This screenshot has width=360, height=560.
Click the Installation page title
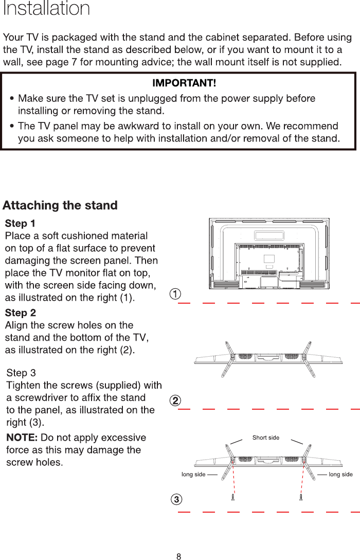[x=46, y=9]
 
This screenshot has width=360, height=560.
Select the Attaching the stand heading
[x=60, y=206]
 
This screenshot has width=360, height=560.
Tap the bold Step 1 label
[x=20, y=224]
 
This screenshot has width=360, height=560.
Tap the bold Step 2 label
[x=20, y=313]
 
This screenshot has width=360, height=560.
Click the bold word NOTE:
[x=22, y=438]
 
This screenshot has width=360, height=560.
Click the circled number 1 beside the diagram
[x=176, y=294]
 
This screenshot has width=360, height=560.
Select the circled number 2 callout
[x=176, y=400]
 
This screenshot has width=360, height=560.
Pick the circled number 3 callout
[x=176, y=499]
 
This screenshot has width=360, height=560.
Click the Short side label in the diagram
[x=266, y=437]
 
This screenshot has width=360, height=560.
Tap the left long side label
[x=193, y=474]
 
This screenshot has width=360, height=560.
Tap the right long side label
[x=340, y=474]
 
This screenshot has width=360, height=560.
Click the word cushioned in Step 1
[x=78, y=236]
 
